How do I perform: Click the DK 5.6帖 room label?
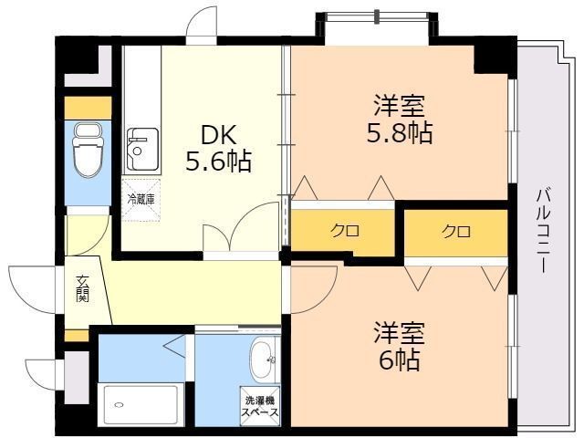coord(219,148)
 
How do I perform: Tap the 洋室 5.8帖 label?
coord(400,120)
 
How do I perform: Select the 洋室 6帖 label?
coord(400,346)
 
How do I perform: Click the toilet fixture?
coord(88,151)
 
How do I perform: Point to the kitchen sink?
coord(142,150)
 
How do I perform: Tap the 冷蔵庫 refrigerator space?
coord(141,200)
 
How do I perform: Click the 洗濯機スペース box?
coord(260,406)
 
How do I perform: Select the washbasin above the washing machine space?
coord(265,360)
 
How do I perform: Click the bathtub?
coord(141,405)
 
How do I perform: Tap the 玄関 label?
coord(82,288)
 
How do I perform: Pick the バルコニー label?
coord(543,231)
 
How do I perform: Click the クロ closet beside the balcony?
coord(456,233)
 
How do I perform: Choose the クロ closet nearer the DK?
coord(343,231)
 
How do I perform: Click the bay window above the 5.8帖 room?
coord(377,16)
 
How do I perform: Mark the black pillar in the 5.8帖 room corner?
coord(491,59)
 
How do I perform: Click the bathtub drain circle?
coord(119,404)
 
